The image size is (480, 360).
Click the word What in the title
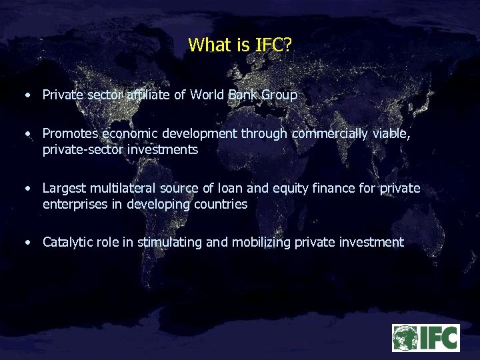209,45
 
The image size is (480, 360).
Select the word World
207,95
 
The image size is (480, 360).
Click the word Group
279,95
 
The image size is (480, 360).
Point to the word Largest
64,189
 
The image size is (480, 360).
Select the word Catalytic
68,243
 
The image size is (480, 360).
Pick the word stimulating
170,243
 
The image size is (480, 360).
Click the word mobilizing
261,243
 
